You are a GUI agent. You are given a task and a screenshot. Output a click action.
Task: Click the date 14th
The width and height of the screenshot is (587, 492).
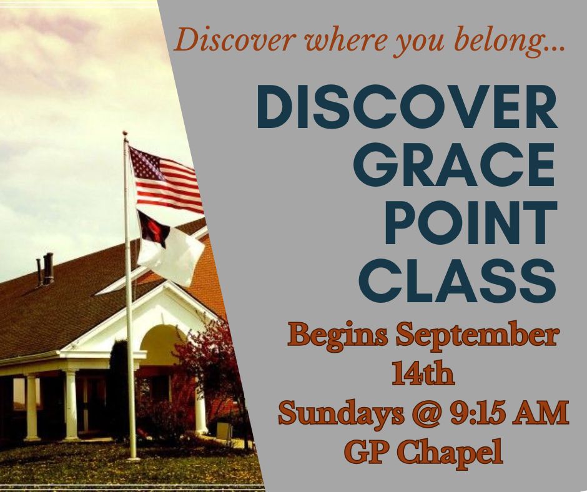tap(423, 375)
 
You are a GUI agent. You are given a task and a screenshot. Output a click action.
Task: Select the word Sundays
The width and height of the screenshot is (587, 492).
tap(342, 414)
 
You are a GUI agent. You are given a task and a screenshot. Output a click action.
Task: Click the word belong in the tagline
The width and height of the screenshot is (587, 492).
tap(510, 41)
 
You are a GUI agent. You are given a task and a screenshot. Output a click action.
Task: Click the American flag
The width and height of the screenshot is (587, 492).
tap(165, 179)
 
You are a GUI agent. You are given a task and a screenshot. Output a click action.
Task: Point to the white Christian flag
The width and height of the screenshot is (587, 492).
tap(169, 248)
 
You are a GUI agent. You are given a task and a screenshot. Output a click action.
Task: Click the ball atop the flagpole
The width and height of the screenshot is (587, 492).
tap(125, 134)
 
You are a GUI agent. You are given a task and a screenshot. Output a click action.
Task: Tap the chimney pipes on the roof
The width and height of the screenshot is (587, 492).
tap(45, 269)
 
